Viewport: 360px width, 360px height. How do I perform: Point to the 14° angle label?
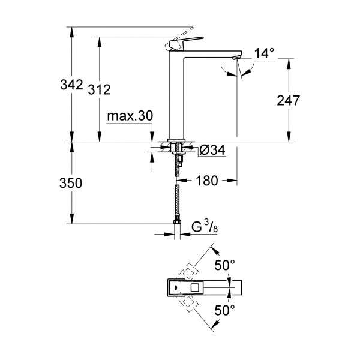(x=263, y=54)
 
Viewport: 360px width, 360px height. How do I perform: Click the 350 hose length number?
(x=71, y=184)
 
